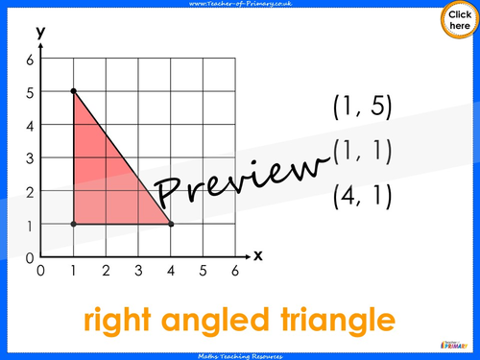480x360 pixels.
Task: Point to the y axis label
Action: pos(41,32)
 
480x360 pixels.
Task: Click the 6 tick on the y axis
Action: pos(29,60)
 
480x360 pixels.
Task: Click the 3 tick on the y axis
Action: pos(29,157)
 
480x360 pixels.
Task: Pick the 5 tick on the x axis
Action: pos(203,271)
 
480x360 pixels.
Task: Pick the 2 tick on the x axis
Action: pos(106,271)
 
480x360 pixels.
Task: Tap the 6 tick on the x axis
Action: pos(235,271)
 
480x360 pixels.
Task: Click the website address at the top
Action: pos(240,5)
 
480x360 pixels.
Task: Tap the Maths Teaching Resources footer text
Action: pos(240,354)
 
